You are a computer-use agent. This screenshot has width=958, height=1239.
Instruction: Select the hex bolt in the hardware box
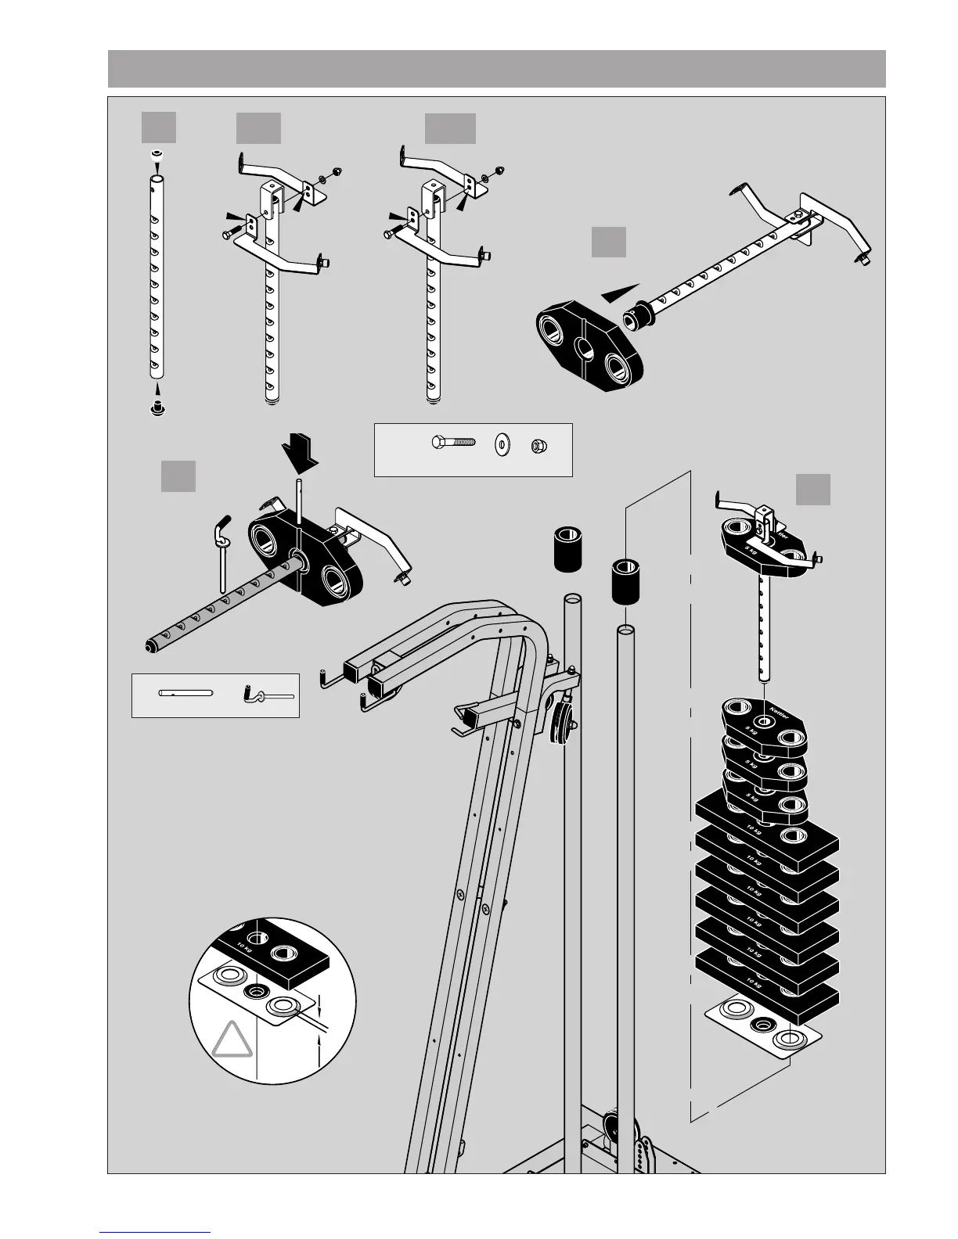click(x=453, y=443)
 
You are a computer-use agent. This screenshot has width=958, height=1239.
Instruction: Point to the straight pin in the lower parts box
click(x=185, y=692)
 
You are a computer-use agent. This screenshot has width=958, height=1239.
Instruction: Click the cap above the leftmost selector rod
click(x=157, y=155)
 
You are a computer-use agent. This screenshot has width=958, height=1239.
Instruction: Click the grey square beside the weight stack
click(x=813, y=490)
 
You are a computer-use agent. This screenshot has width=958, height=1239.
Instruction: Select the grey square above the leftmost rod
click(x=159, y=127)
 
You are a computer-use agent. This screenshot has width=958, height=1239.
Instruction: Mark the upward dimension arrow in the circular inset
click(x=319, y=1041)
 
